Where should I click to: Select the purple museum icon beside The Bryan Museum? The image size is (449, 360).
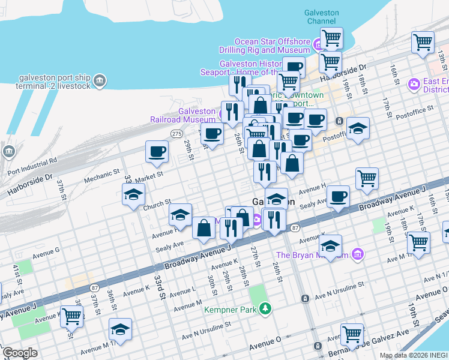tap(358, 254)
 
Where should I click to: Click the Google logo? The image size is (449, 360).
tap(20, 353)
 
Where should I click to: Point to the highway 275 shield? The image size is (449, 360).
tap(176, 133)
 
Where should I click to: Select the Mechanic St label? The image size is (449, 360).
tap(102, 178)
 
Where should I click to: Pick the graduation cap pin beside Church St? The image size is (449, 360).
tap(133, 194)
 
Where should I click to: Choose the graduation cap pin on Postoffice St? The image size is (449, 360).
tap(358, 128)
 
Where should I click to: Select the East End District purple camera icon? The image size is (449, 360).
tap(414, 85)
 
